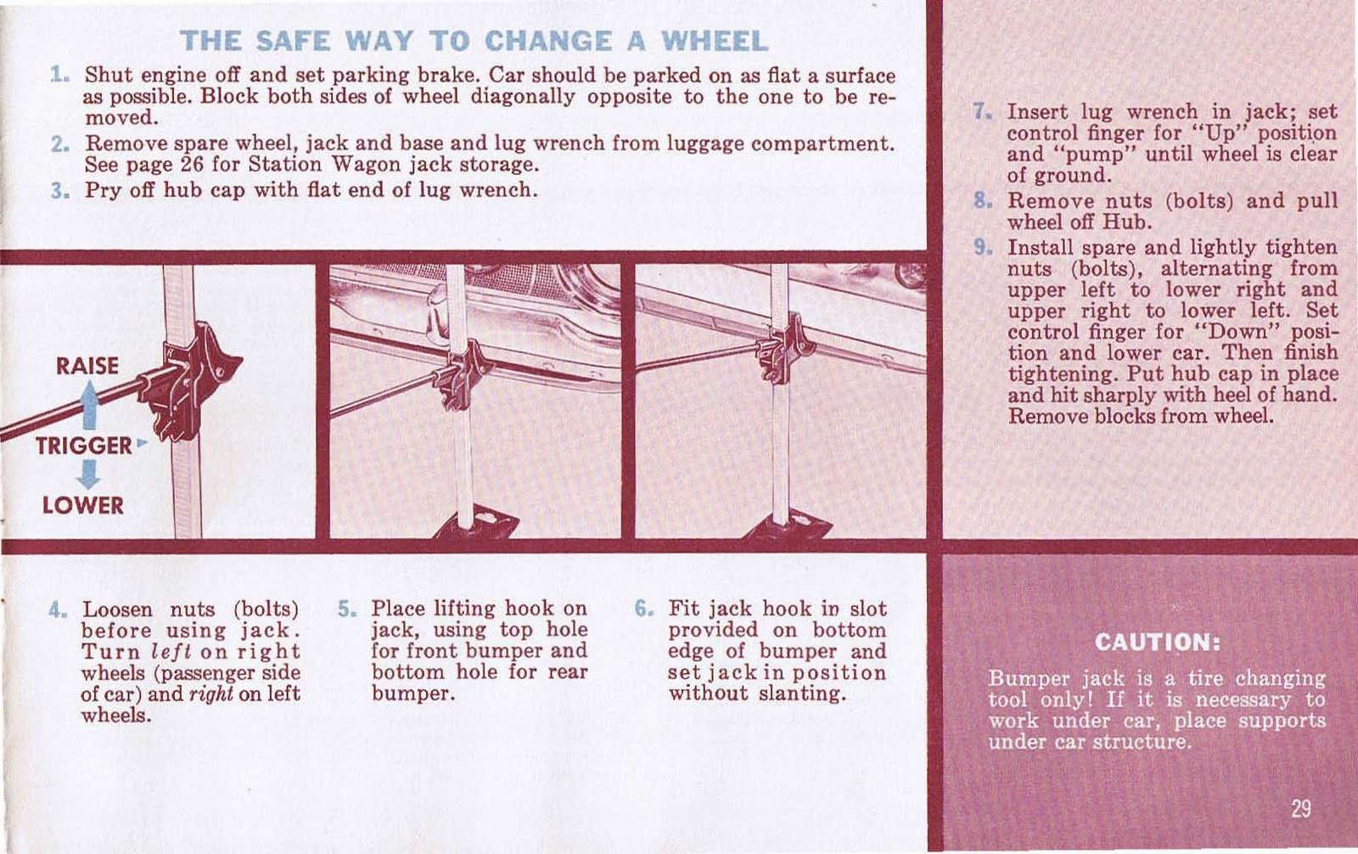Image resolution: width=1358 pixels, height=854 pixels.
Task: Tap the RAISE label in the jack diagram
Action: pos(87,366)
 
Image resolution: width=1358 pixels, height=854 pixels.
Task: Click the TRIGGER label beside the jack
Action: pos(83,446)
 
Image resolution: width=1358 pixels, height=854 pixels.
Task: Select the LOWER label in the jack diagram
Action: pos(82,506)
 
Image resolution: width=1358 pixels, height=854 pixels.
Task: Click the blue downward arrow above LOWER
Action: pos(88,474)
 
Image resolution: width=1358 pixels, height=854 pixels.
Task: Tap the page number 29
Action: pos(1300,808)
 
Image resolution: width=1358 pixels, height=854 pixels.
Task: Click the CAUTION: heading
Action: pos(1157,642)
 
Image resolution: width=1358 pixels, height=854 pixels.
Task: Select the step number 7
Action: pos(981,112)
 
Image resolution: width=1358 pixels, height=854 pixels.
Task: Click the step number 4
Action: pos(56,610)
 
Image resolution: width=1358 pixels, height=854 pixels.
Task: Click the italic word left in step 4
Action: pos(162,652)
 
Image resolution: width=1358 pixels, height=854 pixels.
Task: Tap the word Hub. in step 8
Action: pos(1127,222)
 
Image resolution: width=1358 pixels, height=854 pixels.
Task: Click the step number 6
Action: pos(643,609)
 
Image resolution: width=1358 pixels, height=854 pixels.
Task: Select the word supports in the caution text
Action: pos(1282,721)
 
